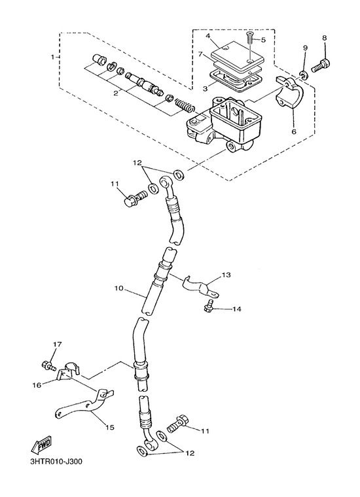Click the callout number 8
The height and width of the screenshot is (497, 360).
[x=324, y=38]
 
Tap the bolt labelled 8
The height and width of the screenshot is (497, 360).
[x=321, y=65]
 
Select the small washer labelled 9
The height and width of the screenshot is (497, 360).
[x=304, y=75]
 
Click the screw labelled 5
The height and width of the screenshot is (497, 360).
[x=249, y=39]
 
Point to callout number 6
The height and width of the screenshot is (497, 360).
[x=294, y=131]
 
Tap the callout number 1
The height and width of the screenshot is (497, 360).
[x=52, y=57]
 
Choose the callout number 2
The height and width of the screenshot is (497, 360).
[x=116, y=93]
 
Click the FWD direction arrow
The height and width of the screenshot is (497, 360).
[x=41, y=445]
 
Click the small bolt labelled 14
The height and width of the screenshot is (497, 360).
[x=208, y=307]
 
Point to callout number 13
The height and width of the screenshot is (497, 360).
[x=226, y=275]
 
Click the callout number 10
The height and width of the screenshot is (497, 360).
[x=118, y=288]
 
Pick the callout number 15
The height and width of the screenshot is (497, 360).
[x=110, y=428]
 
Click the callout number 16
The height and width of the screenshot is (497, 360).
[x=37, y=385]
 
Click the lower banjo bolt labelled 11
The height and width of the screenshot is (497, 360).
[x=177, y=424]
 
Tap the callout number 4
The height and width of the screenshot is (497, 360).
[x=208, y=36]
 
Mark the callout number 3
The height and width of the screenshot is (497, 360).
[x=205, y=89]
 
